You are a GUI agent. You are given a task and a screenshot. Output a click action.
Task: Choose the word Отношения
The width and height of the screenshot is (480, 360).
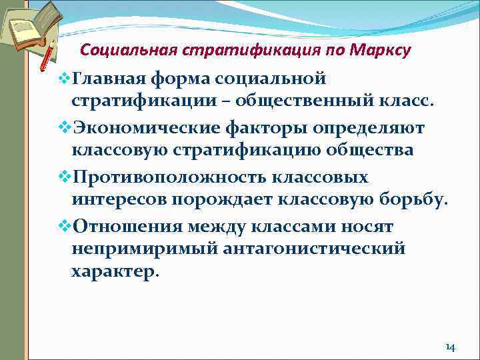pos(126,225)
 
